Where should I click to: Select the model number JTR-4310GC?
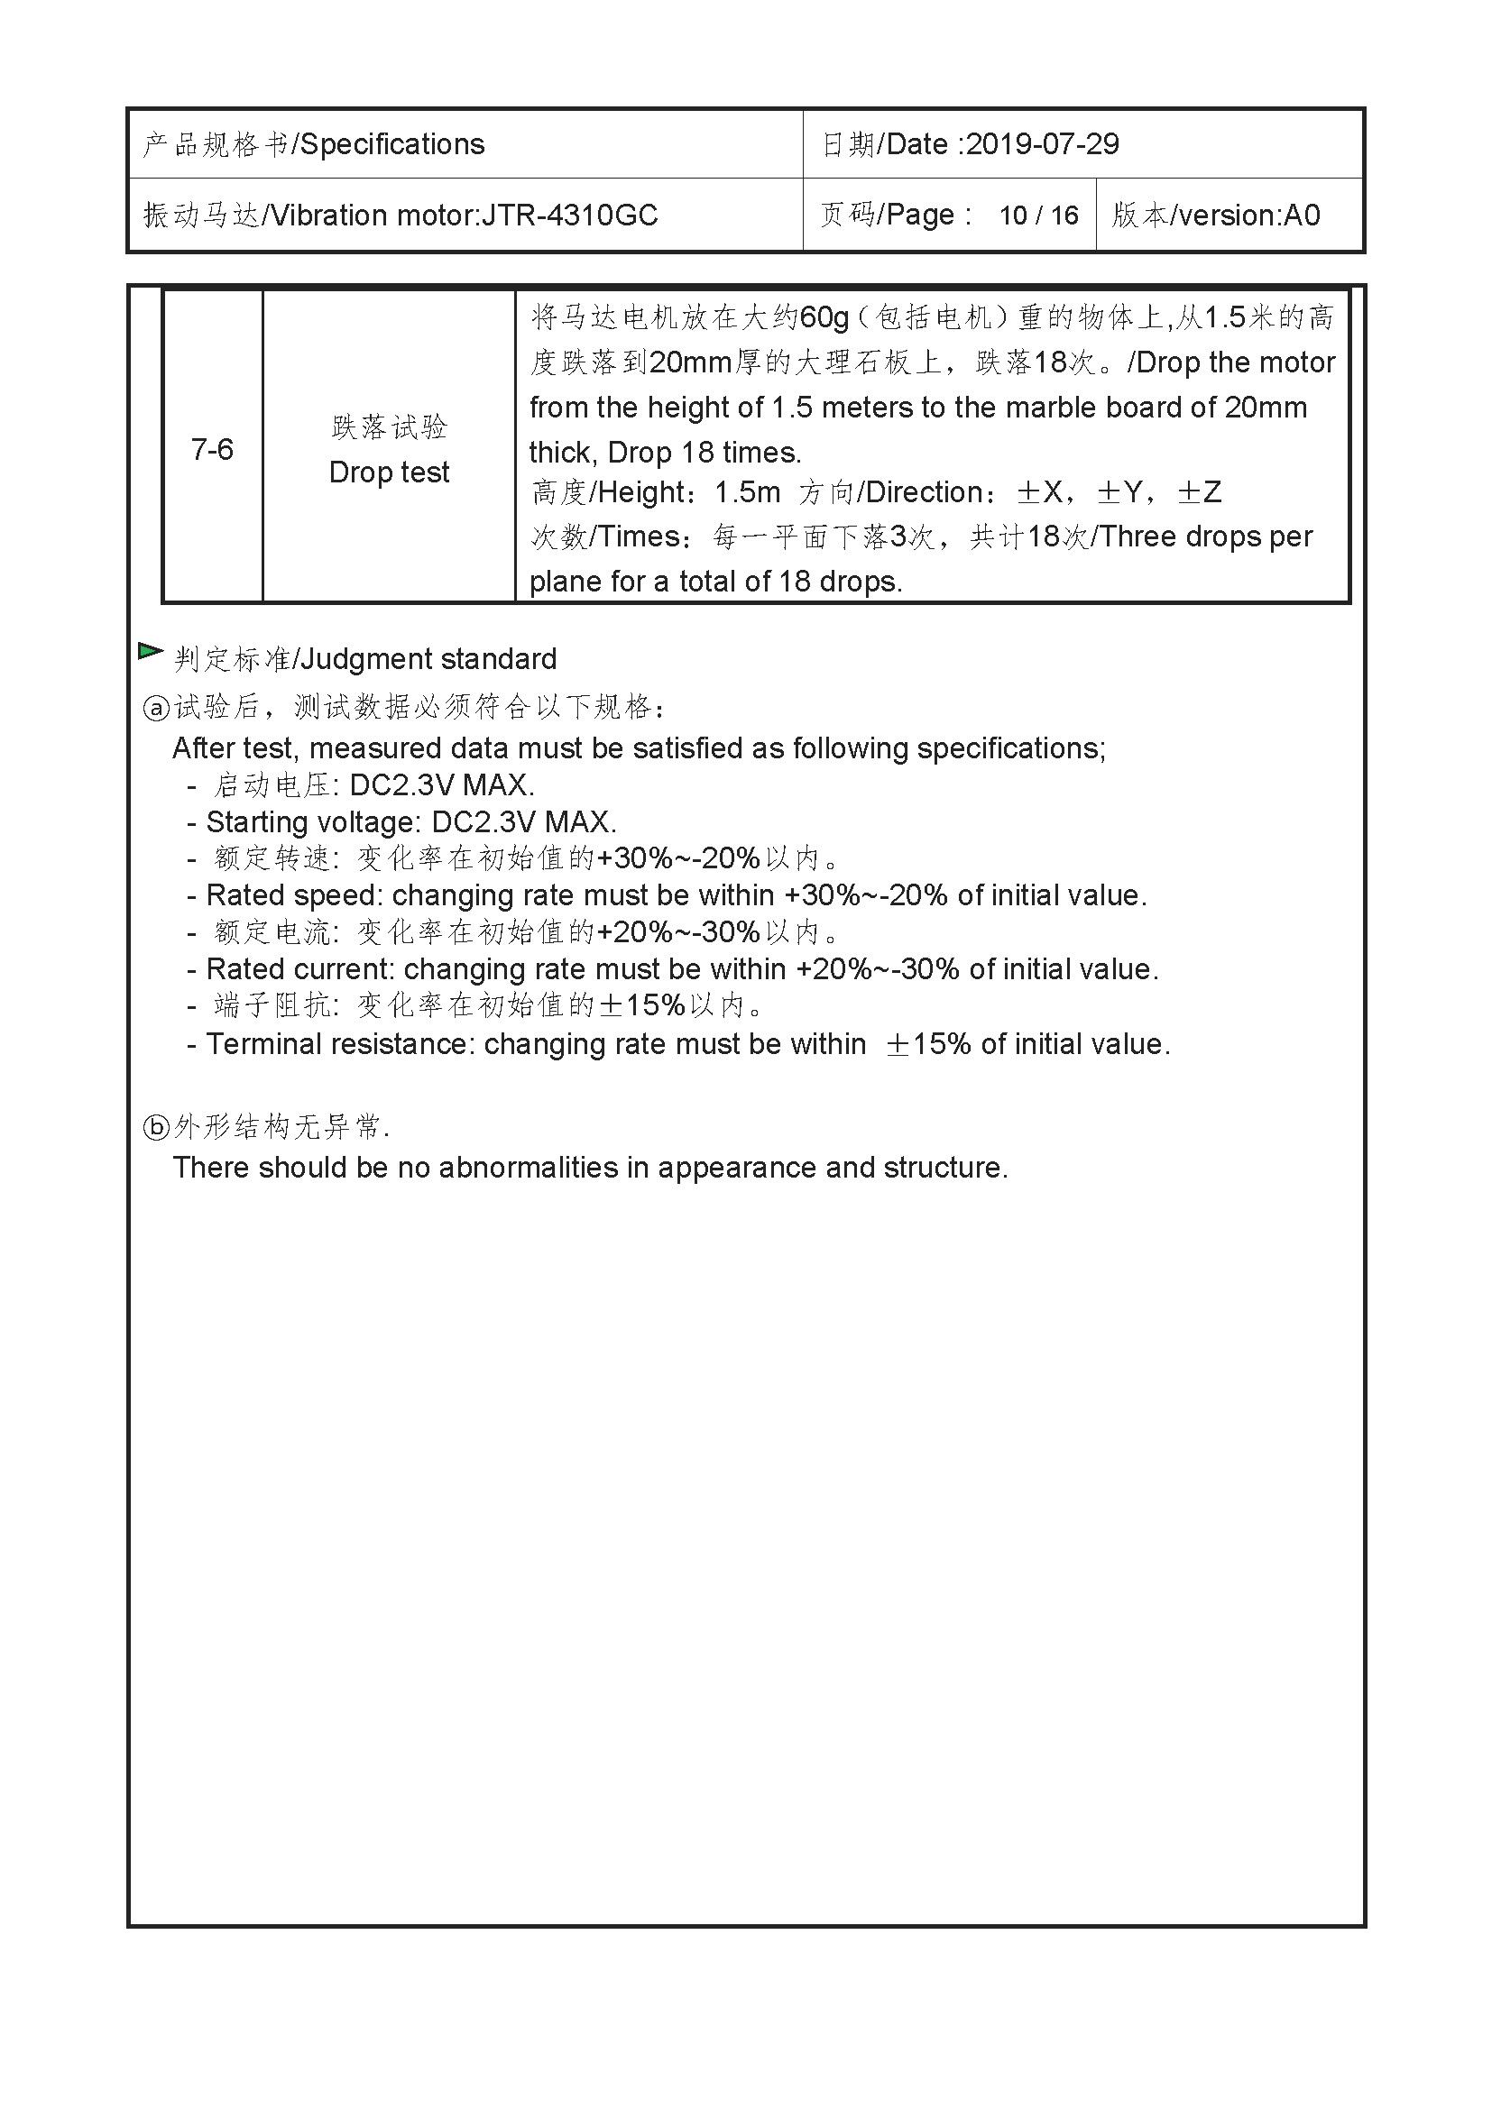coord(569,215)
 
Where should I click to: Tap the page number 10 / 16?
coord(1038,215)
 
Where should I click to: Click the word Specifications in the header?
coord(392,144)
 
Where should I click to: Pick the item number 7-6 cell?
coord(212,449)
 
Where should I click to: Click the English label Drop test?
coord(389,472)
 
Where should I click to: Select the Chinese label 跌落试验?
coord(389,426)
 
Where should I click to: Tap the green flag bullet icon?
coord(150,651)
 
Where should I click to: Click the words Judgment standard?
coord(428,659)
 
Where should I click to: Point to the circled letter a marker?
coord(156,707)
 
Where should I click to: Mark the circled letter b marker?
coord(156,1127)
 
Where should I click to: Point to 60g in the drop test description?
coord(824,316)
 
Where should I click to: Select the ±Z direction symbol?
coord(1200,492)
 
